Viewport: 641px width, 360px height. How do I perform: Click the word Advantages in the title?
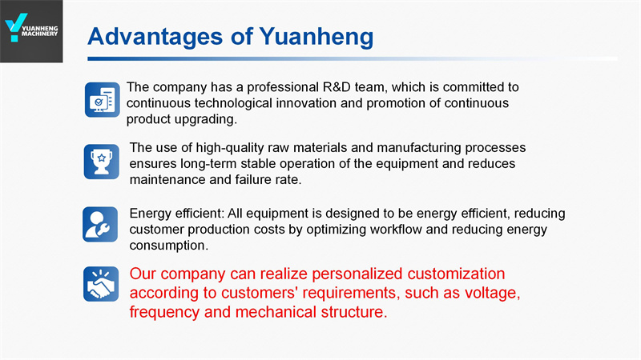tap(155, 37)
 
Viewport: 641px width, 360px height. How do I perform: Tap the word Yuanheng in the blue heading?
tap(316, 37)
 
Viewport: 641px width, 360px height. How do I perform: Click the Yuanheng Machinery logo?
tap(31, 31)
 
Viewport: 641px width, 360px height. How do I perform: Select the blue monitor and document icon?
tap(103, 99)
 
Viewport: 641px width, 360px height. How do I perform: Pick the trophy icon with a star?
tap(102, 162)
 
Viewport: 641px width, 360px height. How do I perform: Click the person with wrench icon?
tap(100, 224)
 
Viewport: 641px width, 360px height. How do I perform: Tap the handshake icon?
tap(101, 284)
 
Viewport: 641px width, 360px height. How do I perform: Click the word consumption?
tap(169, 246)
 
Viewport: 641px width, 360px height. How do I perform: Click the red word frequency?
tap(165, 313)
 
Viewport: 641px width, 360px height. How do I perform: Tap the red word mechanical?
tap(276, 312)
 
